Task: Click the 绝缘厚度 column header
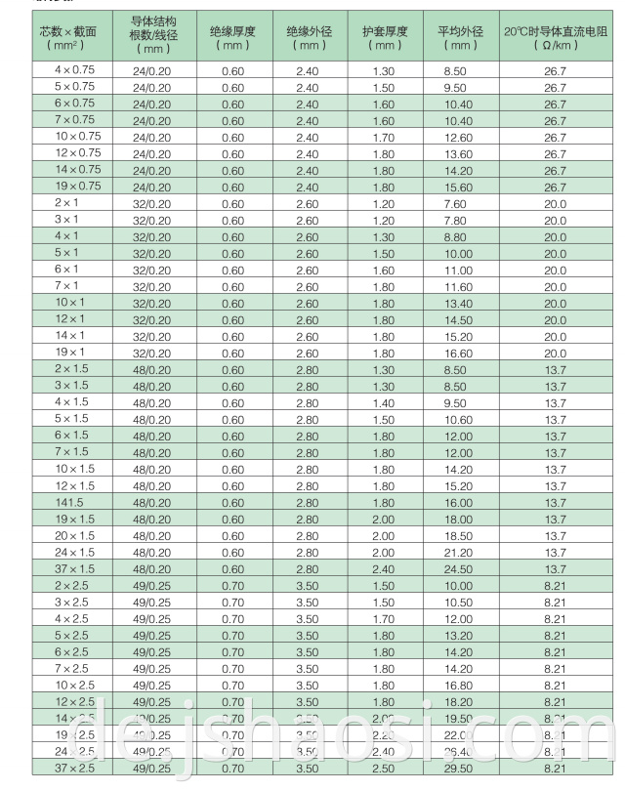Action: click(x=232, y=38)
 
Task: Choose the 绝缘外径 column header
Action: click(x=309, y=38)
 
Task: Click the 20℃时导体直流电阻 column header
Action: click(x=555, y=38)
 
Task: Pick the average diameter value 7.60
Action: click(x=455, y=203)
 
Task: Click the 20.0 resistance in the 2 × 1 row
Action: click(x=555, y=203)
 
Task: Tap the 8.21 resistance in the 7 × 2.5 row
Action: click(x=555, y=668)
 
